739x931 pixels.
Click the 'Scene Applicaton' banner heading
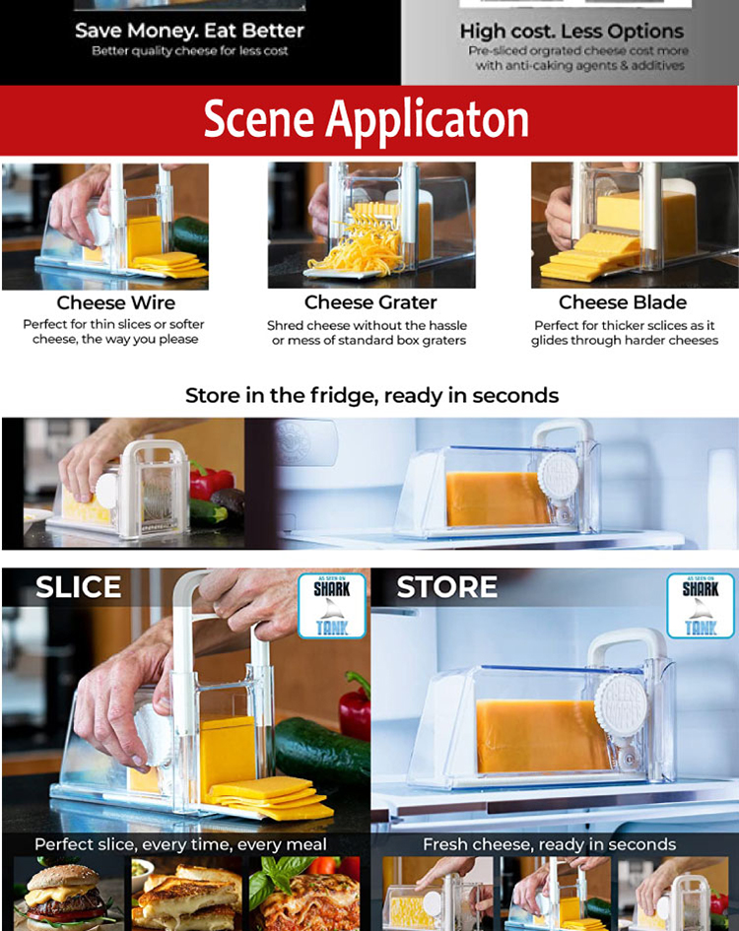[366, 119]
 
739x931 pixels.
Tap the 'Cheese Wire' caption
[116, 302]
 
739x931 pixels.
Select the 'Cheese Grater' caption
[370, 302]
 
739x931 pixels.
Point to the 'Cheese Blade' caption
[623, 302]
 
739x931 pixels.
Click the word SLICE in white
[79, 587]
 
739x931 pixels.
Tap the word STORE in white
[446, 587]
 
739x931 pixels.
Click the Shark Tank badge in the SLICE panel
[332, 606]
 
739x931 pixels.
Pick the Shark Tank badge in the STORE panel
[701, 606]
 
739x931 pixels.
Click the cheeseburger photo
[67, 894]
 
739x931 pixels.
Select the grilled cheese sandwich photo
[185, 894]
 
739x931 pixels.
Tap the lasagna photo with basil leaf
[304, 894]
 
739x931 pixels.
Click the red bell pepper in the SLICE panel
[356, 705]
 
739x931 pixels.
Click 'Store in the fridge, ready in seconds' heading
[371, 395]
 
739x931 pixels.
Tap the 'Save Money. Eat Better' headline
[189, 31]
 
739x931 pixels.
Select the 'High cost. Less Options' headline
[571, 31]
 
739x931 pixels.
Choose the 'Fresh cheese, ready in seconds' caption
[550, 844]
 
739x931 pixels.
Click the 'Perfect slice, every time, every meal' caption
[180, 844]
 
